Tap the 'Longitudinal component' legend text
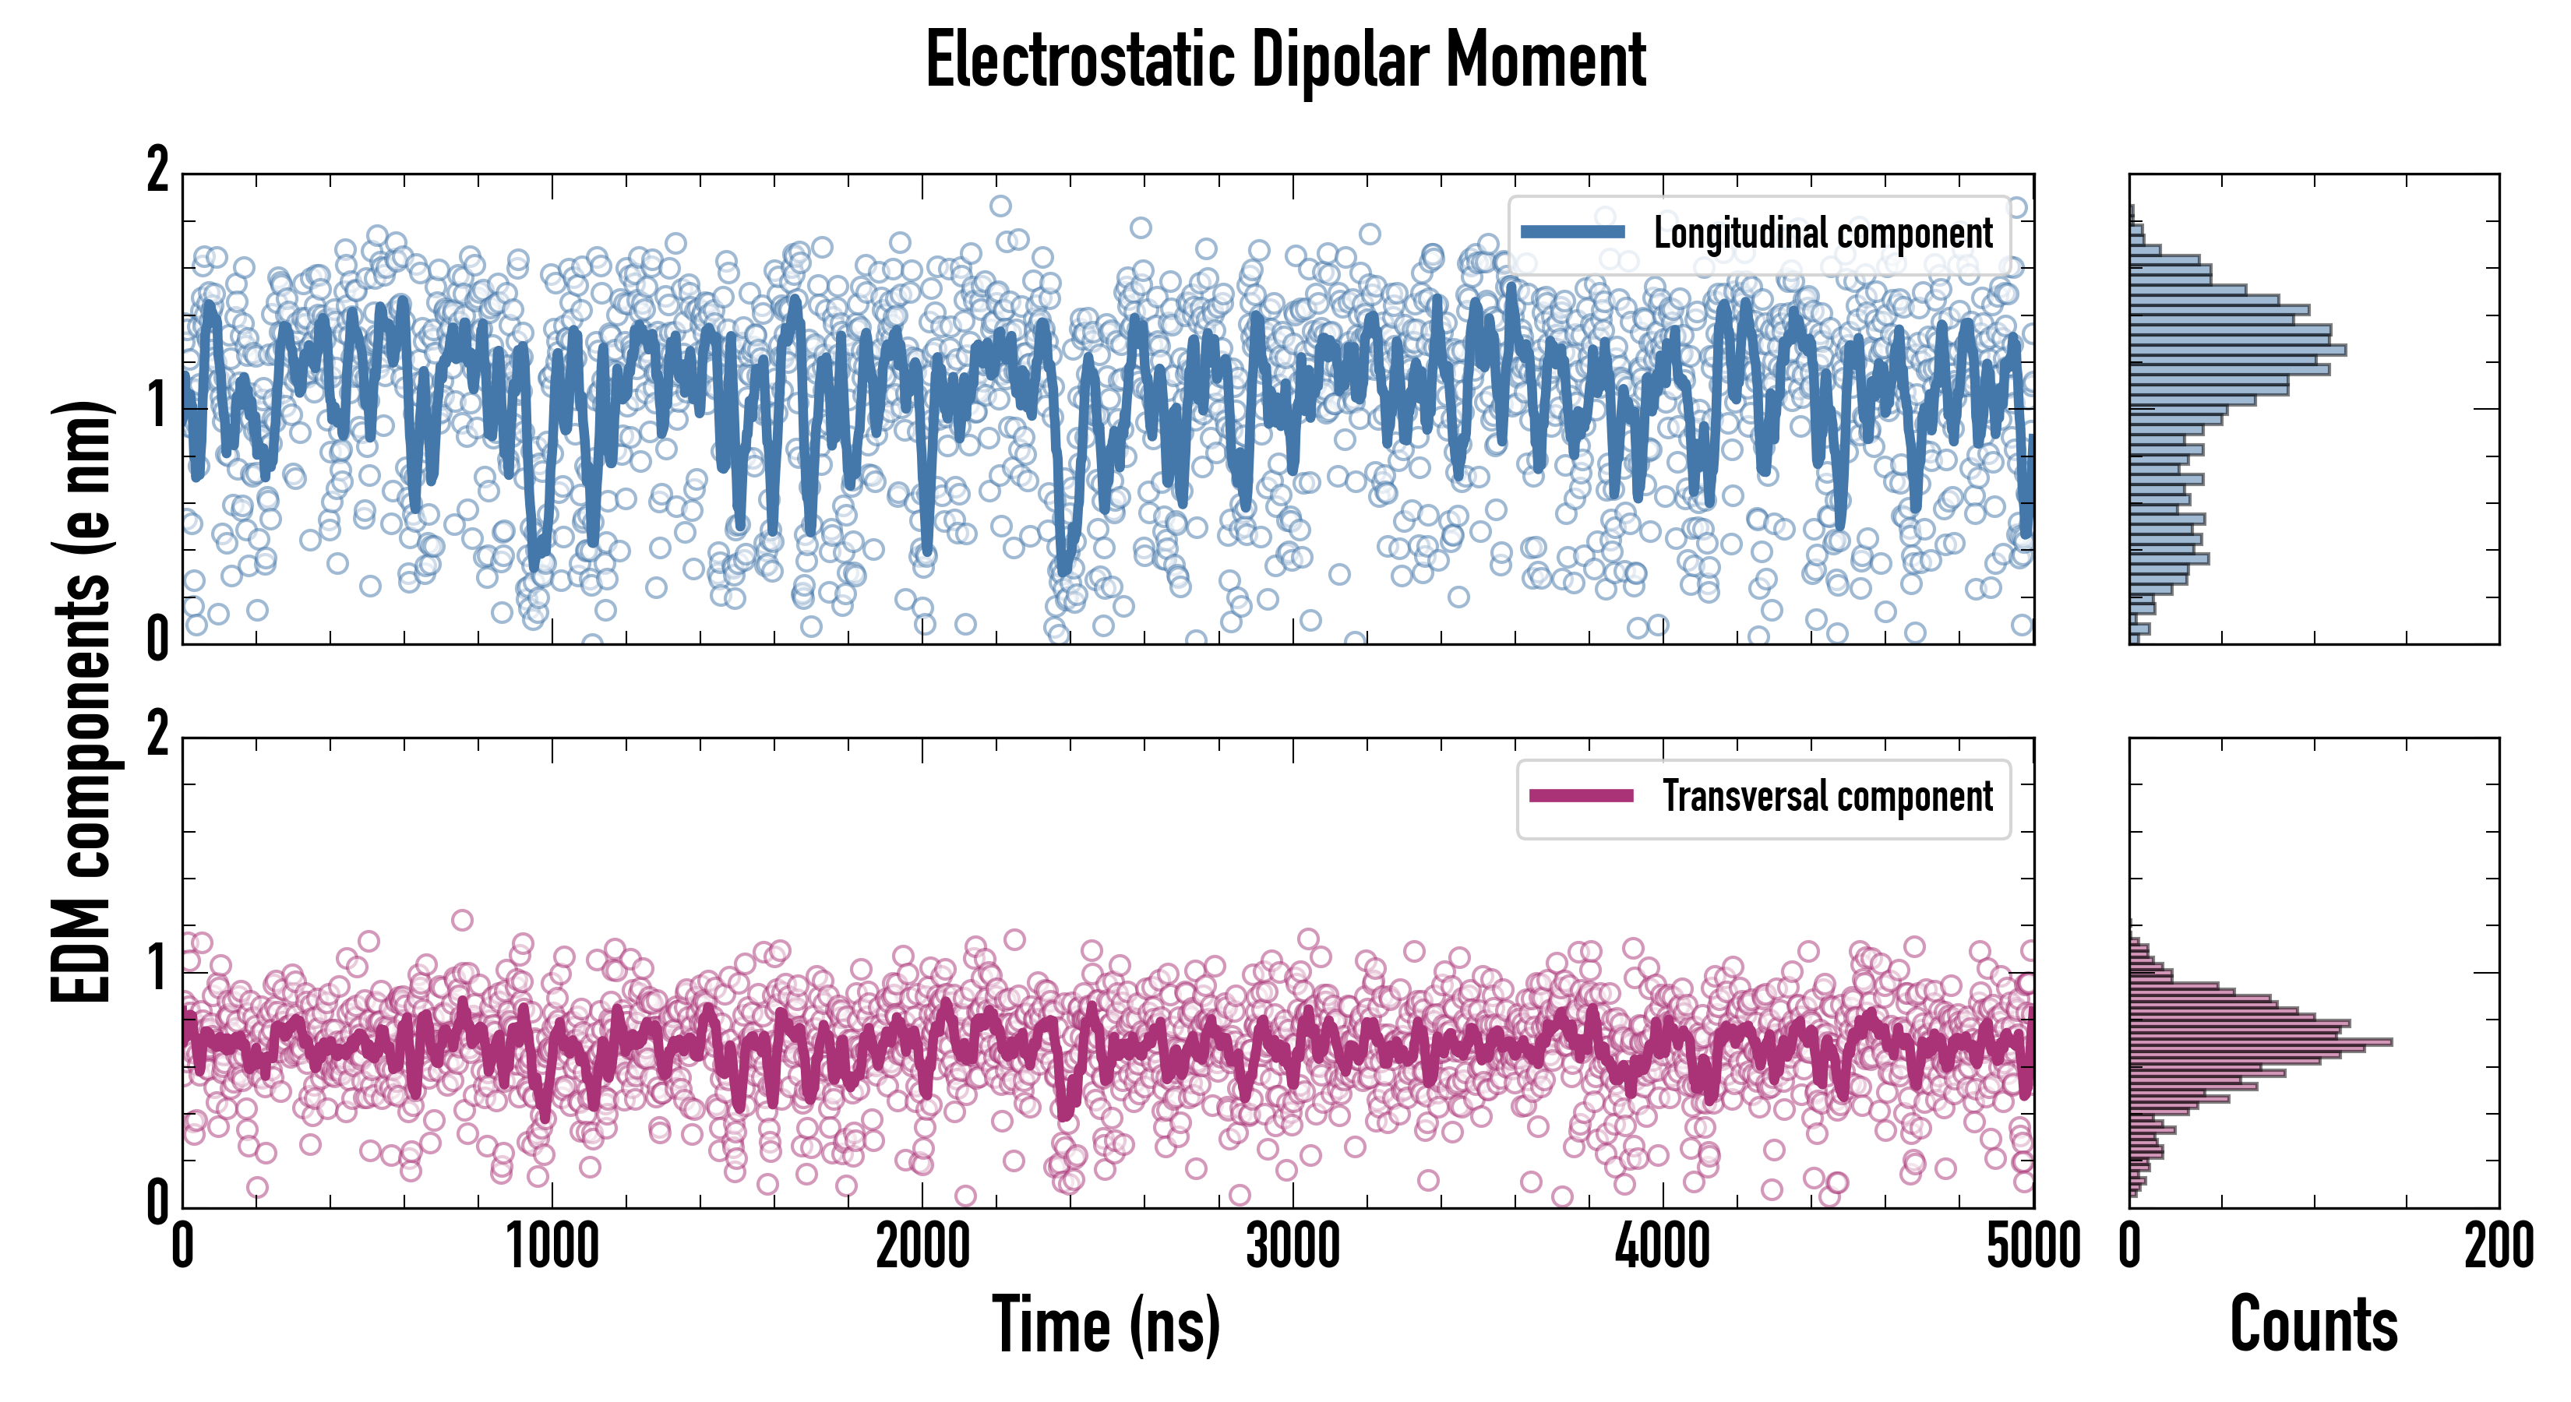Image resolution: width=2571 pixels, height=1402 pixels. click(x=1822, y=234)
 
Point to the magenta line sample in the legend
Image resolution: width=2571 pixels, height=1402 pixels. click(x=1581, y=796)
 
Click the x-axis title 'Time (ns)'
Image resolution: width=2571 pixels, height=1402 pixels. click(x=1106, y=1324)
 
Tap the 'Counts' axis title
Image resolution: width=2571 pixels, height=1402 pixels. click(x=2313, y=1324)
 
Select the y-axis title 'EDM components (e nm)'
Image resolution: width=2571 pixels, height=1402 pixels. click(x=82, y=703)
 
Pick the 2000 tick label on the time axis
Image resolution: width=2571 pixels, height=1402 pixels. click(x=922, y=1247)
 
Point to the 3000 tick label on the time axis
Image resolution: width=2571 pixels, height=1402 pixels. click(x=1293, y=1247)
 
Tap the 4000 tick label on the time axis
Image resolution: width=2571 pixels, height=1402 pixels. click(x=1663, y=1247)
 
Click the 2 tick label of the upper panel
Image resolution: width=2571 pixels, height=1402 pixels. click(x=157, y=171)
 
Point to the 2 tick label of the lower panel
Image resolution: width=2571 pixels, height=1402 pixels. click(x=157, y=736)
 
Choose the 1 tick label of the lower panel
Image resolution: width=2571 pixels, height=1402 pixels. click(x=157, y=970)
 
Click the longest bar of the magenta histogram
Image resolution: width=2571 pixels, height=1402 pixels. click(x=2261, y=1042)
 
